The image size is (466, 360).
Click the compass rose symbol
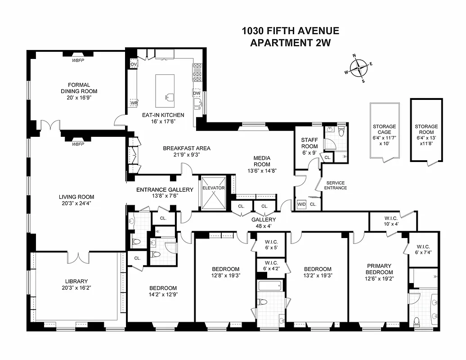point(358,68)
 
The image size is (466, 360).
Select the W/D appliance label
point(301,204)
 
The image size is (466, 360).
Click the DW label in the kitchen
point(197,93)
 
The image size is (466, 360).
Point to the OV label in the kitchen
point(133,64)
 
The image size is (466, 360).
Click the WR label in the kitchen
point(134,103)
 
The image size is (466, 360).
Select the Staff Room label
point(309,143)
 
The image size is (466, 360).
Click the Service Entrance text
point(336,185)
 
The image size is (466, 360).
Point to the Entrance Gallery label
point(165,189)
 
